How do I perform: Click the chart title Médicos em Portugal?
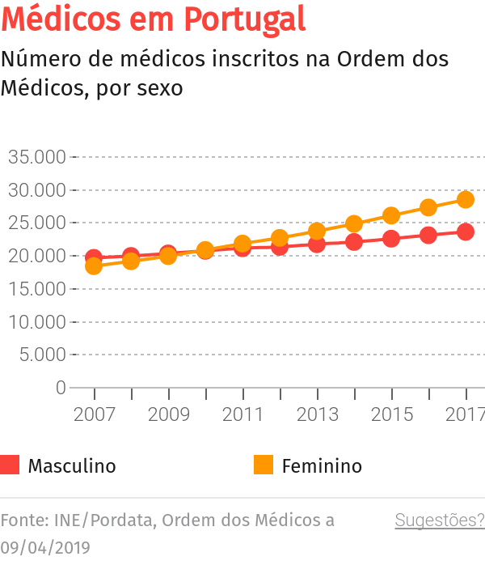(154, 19)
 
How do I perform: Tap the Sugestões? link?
(439, 520)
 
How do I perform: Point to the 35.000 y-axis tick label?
(36, 157)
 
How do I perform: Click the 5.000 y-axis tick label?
(40, 355)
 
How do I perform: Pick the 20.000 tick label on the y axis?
(36, 256)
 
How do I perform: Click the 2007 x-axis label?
(95, 414)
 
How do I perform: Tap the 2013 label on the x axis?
(318, 414)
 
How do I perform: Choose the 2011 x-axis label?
(243, 414)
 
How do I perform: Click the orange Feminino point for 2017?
(466, 199)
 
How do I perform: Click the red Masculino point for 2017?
(466, 232)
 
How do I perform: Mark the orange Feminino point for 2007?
(94, 266)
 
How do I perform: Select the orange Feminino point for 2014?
(354, 223)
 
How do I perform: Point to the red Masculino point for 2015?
(391, 239)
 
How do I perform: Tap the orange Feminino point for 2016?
(428, 207)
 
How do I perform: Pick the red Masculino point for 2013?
(317, 244)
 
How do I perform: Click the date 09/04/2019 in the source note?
(45, 546)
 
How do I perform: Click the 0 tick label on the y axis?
(61, 388)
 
